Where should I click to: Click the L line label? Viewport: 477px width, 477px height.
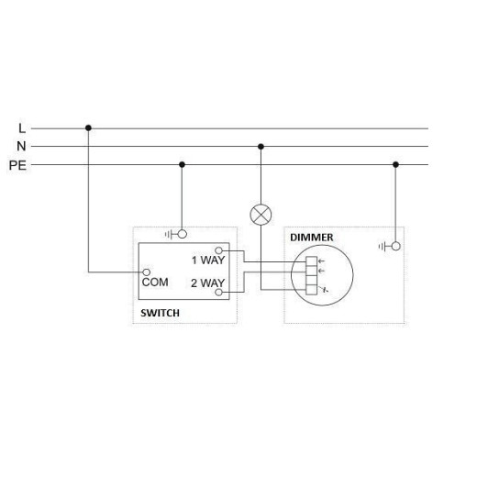22,128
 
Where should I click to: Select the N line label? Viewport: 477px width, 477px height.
21,146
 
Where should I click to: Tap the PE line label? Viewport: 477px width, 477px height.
17,165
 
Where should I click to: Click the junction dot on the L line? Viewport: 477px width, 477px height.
88,128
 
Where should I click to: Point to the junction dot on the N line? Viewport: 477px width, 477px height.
261,147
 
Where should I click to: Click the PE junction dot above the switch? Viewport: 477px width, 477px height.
182,164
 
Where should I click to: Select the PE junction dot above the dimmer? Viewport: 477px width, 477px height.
395,164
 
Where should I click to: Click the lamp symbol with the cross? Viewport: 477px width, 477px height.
261,215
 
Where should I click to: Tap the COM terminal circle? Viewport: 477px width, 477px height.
147,272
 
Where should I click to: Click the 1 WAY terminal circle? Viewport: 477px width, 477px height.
218,250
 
